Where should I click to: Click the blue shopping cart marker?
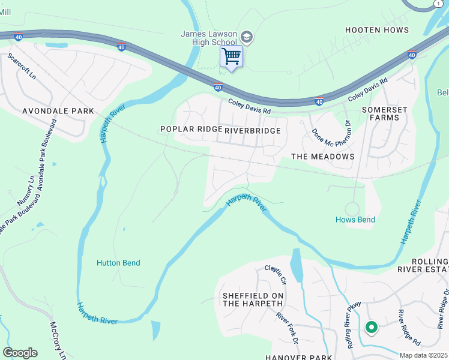[x=231, y=57]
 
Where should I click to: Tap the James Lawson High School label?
[x=209, y=38]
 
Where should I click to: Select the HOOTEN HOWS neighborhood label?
[x=377, y=30]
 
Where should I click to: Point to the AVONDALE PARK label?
[x=58, y=111]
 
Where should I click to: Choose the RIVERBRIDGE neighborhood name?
[x=252, y=130]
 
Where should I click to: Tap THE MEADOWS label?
[x=322, y=157]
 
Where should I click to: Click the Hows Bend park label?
[x=355, y=220]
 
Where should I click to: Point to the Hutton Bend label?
[x=118, y=263]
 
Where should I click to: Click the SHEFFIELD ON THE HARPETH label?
[x=252, y=299]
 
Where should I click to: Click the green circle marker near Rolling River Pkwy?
[x=371, y=327]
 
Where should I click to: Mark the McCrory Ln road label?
[x=58, y=340]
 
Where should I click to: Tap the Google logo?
[x=20, y=353]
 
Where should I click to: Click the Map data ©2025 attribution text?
[x=423, y=355]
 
